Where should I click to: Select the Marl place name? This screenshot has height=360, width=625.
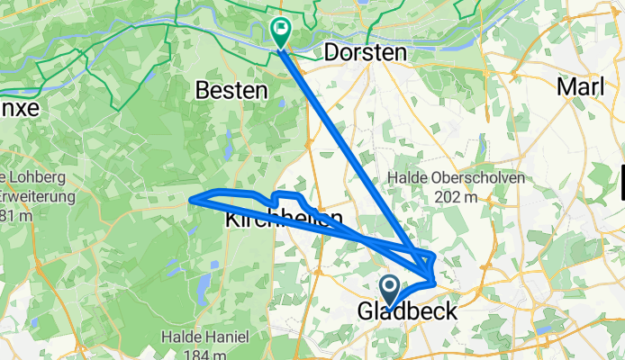pyautogui.click(x=582, y=86)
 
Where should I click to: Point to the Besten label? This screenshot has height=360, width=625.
pyautogui.click(x=232, y=91)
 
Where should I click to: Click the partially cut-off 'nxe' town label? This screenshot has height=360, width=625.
pyautogui.click(x=20, y=108)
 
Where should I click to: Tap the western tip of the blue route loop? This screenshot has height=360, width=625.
pyautogui.click(x=190, y=201)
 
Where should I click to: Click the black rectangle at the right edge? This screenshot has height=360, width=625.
pyautogui.click(x=622, y=180)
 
